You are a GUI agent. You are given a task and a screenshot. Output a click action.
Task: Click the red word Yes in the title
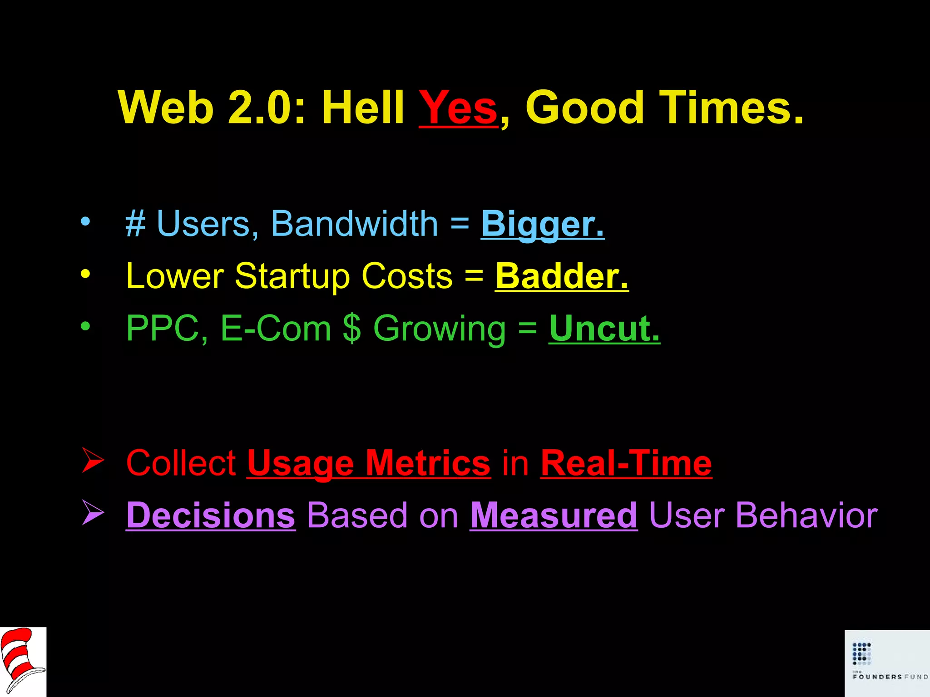[458, 108]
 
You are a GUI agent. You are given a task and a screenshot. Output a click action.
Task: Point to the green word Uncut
[604, 328]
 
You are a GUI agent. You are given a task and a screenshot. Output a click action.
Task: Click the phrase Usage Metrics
[368, 463]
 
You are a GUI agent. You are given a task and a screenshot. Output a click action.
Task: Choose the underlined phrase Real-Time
[626, 463]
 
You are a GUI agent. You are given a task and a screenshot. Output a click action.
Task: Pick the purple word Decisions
[211, 515]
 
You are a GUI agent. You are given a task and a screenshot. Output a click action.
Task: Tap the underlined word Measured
[554, 515]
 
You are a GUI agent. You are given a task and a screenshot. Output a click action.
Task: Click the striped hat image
[22, 661]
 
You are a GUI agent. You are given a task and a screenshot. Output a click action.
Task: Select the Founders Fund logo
[887, 663]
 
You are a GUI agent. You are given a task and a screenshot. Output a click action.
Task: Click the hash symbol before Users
[135, 224]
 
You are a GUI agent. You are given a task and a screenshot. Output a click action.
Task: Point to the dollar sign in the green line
[352, 328]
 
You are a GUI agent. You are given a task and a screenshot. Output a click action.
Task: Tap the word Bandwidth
[354, 224]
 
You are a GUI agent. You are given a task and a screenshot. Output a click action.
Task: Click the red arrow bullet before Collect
[93, 460]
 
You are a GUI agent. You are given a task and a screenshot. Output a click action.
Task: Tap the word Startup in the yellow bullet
[292, 277]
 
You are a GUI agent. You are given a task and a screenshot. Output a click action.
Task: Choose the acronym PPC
[163, 328]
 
